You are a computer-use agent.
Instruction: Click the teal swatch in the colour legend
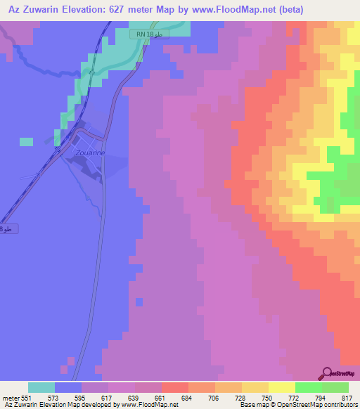click(x=41, y=387)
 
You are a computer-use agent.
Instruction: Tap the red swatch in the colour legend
click(x=174, y=387)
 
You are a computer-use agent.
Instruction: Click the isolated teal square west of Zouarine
click(x=26, y=142)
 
